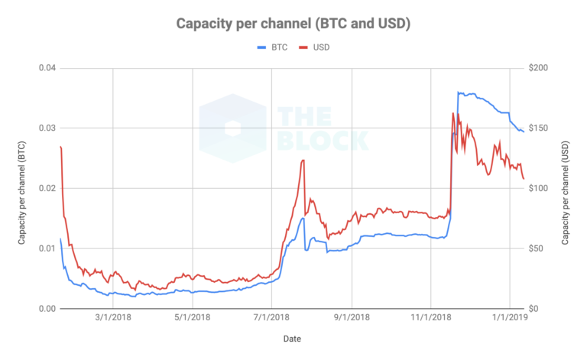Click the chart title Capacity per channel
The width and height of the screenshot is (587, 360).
click(x=294, y=24)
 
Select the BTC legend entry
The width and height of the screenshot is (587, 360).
click(x=274, y=47)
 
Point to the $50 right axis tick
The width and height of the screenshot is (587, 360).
click(x=537, y=248)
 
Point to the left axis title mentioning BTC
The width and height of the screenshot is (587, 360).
click(x=24, y=188)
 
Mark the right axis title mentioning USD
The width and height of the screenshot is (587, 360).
click(x=566, y=188)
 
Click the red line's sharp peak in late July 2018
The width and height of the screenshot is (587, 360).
click(x=303, y=160)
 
